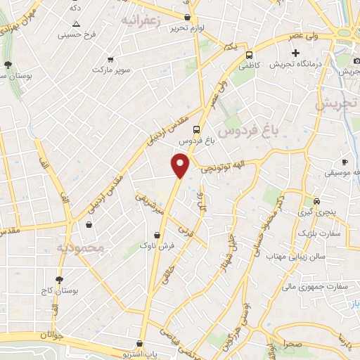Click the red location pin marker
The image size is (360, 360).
180,165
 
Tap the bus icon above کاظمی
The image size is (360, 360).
249,53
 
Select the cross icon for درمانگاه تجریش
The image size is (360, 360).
296,53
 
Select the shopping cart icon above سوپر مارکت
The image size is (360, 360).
110,60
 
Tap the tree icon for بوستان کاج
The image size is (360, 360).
59,279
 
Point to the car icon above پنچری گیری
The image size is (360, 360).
316,200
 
